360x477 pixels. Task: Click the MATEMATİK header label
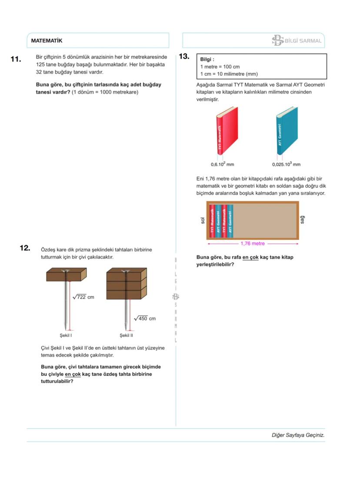(x=47, y=41)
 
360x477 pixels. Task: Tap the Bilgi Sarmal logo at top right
(x=297, y=41)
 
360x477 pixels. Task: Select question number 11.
(x=16, y=59)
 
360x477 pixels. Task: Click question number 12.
(x=25, y=248)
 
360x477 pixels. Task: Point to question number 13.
(x=184, y=56)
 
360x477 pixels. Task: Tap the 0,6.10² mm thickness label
(x=222, y=165)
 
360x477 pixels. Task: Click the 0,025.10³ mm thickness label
(x=286, y=165)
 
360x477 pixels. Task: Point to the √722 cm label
(x=83, y=297)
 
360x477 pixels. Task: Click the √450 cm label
(x=145, y=318)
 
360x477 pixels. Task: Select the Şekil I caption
(x=66, y=335)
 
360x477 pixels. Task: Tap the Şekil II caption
(x=126, y=335)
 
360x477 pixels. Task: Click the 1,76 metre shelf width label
(x=253, y=244)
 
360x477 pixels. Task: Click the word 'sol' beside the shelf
(x=203, y=221)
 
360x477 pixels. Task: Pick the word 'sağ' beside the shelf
(x=303, y=220)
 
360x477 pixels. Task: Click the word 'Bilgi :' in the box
(x=207, y=60)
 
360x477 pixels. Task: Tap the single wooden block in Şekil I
(x=67, y=275)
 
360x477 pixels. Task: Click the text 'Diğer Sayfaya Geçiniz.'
(x=298, y=435)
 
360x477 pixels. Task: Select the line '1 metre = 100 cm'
(x=220, y=67)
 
